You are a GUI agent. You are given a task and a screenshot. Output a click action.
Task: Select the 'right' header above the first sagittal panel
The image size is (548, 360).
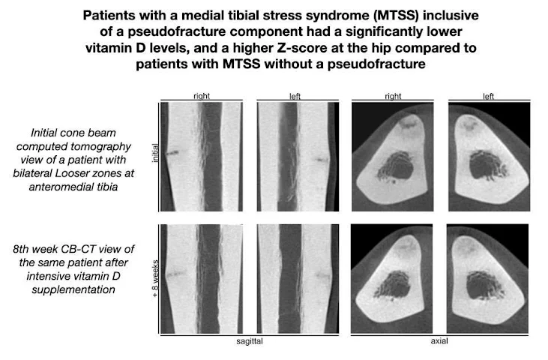coord(201,96)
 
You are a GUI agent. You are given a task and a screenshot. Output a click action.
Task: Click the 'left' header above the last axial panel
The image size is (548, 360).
coord(488,96)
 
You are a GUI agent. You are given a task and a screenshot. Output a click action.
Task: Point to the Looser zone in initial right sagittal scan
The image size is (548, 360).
coord(173,152)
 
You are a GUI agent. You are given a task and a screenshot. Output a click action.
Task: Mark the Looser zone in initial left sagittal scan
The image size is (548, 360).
coord(323,159)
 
